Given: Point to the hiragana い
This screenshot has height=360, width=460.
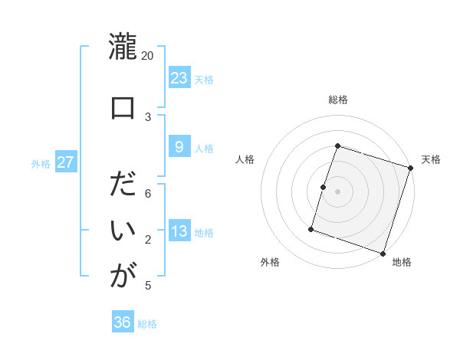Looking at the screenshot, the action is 122,231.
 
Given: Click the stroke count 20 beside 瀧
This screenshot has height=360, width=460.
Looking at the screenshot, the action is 148,56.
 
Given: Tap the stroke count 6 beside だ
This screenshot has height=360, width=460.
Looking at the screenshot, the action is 148,194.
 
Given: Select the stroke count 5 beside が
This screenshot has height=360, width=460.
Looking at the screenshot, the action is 148,286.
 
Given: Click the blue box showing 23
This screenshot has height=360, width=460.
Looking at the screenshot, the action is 179,77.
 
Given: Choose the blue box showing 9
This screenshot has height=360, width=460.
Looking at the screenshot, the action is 179,146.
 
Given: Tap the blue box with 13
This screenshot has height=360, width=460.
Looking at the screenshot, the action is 179,231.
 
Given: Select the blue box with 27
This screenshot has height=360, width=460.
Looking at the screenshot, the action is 65,162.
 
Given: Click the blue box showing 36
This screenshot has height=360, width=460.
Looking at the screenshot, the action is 122,322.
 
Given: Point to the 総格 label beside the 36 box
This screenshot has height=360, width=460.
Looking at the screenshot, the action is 147,324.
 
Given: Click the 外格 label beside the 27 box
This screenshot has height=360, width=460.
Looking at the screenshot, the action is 40,163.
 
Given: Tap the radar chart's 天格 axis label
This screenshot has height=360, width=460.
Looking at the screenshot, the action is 431,159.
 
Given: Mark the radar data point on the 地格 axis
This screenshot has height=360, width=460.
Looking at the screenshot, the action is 383,253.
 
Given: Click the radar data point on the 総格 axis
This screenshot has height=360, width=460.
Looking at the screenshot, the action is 337,146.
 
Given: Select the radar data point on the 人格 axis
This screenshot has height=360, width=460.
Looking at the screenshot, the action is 324,187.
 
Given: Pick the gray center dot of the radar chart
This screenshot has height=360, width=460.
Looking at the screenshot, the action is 337,191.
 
